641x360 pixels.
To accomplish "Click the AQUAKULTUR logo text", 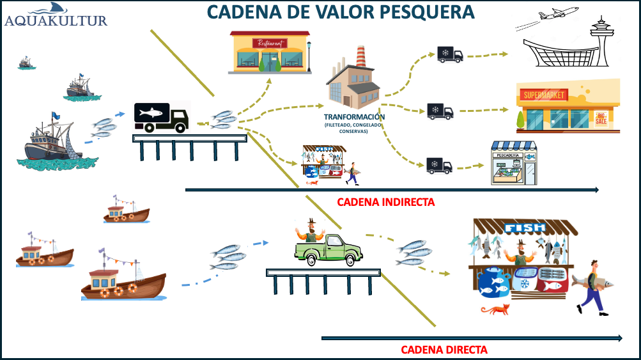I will [56, 20].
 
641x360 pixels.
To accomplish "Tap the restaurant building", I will [270, 52].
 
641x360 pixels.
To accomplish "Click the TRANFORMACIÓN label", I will [354, 117].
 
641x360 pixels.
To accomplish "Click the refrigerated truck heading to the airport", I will [450, 55].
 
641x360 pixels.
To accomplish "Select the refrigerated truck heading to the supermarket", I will [440, 111].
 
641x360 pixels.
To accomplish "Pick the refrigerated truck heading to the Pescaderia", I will [439, 166].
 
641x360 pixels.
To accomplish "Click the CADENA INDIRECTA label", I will [385, 202].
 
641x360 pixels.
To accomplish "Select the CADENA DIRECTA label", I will [444, 350].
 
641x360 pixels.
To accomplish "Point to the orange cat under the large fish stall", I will [496, 310].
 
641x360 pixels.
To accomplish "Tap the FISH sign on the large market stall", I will [525, 227].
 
